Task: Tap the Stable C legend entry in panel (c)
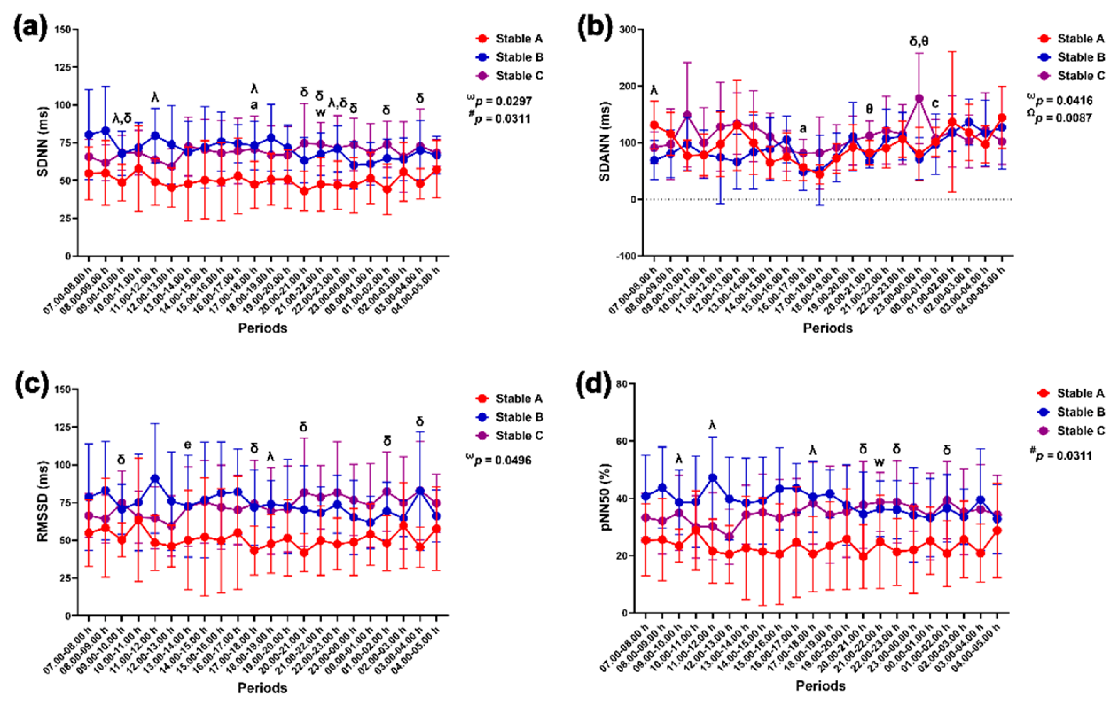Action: (519, 435)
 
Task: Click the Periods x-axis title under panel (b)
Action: (828, 328)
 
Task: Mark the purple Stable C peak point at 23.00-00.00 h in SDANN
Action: (919, 98)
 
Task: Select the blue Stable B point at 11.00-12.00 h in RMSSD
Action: (155, 479)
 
